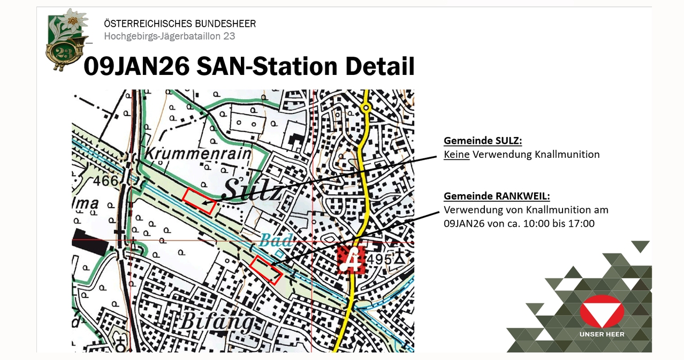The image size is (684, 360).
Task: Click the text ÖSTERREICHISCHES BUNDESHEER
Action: click(x=180, y=24)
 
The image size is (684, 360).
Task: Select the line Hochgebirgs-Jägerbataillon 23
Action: click(x=169, y=36)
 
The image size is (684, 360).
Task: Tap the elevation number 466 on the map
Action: click(x=105, y=181)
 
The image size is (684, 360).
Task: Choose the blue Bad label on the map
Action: click(x=277, y=240)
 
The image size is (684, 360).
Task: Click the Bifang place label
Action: click(x=216, y=321)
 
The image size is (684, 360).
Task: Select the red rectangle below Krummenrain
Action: click(x=199, y=201)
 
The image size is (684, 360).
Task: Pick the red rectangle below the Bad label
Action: click(x=266, y=270)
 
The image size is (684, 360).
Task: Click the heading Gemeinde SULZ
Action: click(x=482, y=141)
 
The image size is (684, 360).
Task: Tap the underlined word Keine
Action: click(x=456, y=155)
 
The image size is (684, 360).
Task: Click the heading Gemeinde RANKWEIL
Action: click(x=497, y=196)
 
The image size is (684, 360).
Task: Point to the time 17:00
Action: click(x=582, y=223)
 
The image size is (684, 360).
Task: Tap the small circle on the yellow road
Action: click(x=366, y=108)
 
